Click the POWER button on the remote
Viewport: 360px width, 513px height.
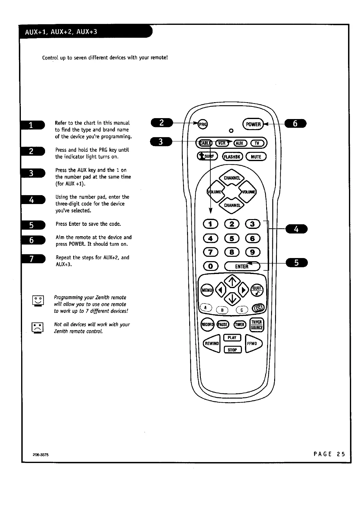(253, 124)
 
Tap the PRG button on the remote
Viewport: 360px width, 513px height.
(202, 124)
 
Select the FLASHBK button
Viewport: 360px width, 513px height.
(233, 157)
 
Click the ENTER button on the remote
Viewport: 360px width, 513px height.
(242, 266)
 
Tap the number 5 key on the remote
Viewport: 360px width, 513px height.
(232, 238)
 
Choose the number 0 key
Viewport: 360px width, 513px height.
(211, 266)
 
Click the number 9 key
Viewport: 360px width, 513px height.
(252, 252)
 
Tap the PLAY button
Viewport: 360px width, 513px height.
(232, 338)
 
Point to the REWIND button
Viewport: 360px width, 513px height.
(212, 344)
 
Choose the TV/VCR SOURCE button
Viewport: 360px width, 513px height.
(257, 325)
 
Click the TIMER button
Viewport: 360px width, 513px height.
(240, 325)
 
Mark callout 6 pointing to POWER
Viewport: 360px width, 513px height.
(295, 124)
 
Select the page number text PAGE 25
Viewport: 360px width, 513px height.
(329, 454)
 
